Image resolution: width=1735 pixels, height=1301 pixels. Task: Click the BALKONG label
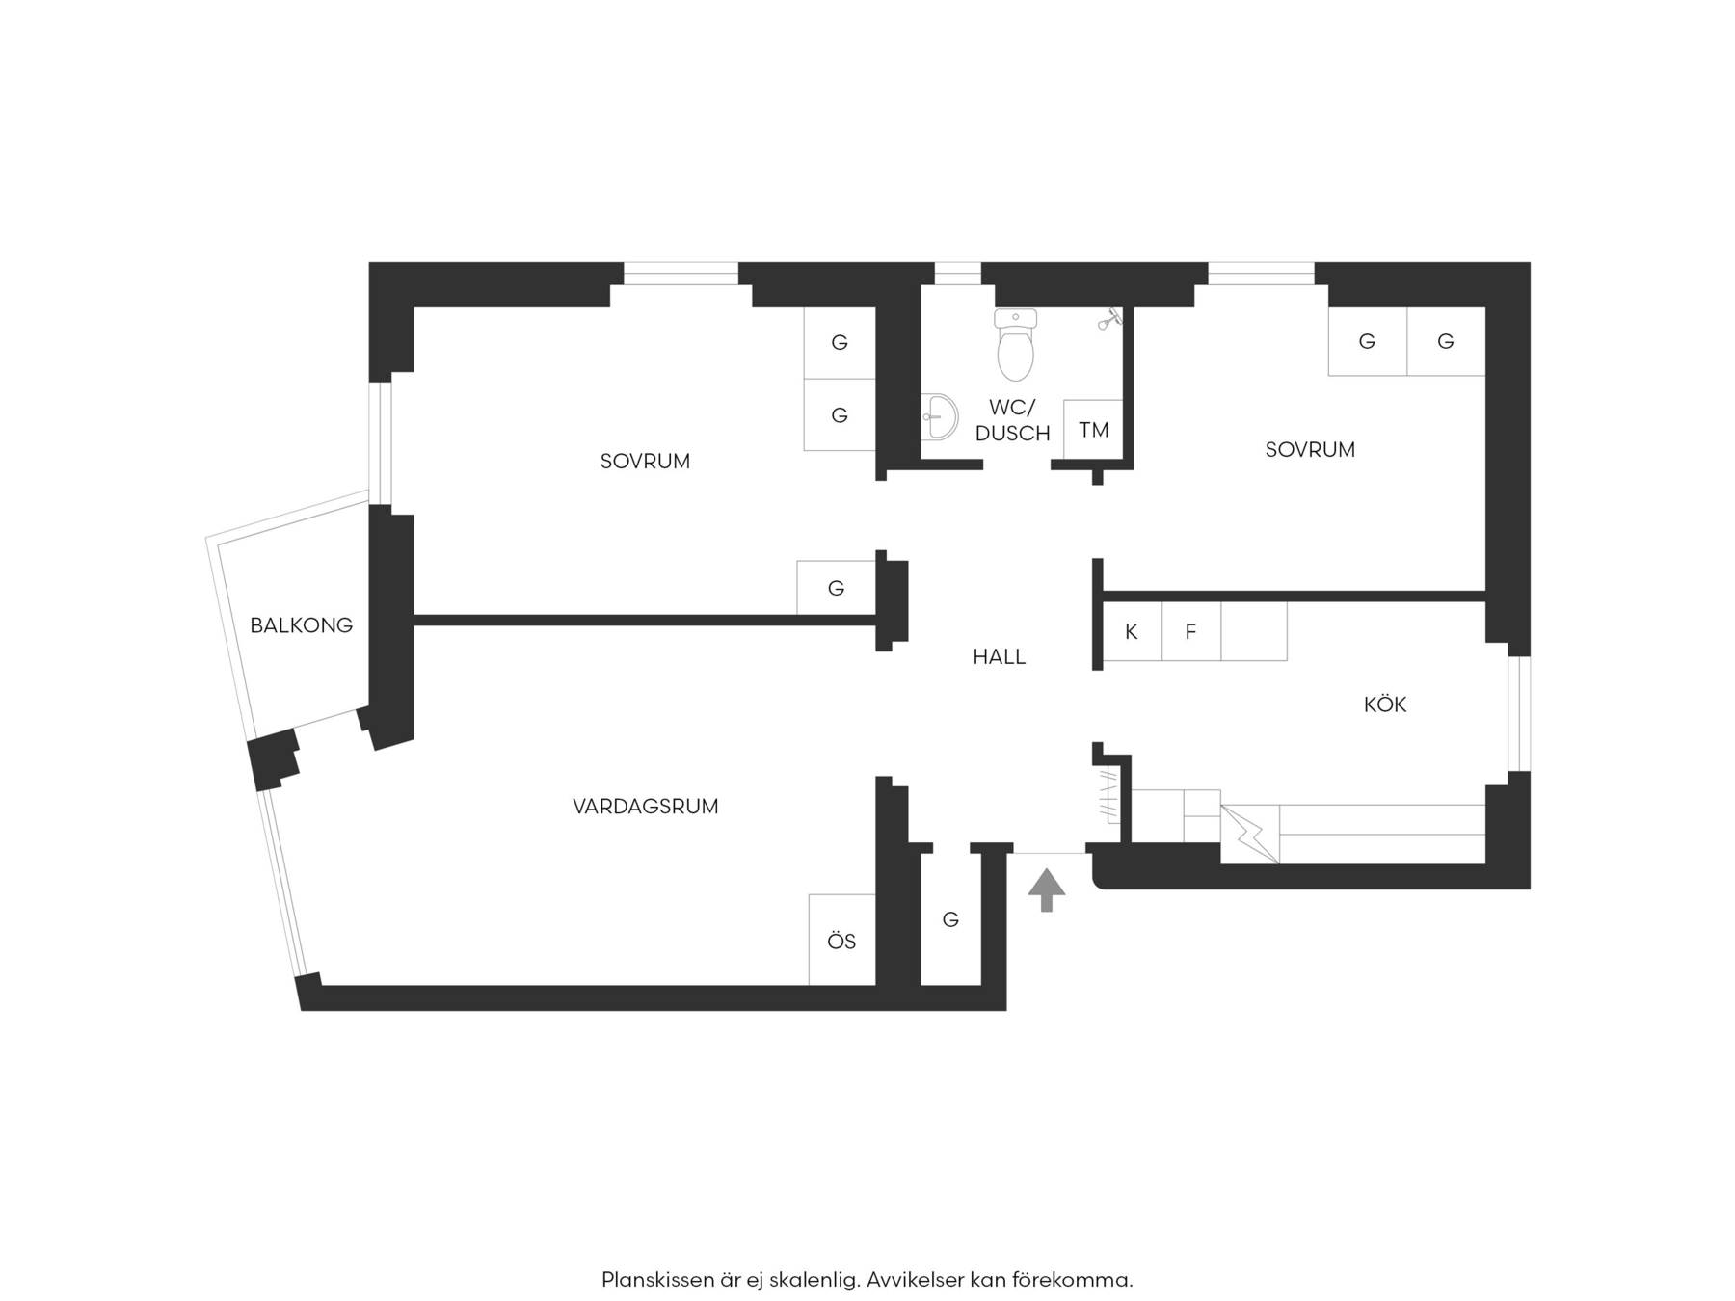(x=301, y=625)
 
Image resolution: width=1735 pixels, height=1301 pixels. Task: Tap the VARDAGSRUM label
(x=646, y=807)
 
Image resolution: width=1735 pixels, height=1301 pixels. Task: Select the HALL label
(x=999, y=657)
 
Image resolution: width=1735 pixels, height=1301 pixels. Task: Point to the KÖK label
(x=1385, y=704)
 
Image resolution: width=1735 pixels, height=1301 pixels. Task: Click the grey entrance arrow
(x=1047, y=889)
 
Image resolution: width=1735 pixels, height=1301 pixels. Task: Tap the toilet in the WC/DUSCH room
(x=1015, y=344)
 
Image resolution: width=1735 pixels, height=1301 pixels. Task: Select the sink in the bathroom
(x=939, y=417)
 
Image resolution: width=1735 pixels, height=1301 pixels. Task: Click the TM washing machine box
(x=1093, y=430)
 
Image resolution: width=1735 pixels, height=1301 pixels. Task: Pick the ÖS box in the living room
(x=842, y=941)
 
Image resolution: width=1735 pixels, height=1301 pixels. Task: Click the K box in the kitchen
(x=1132, y=632)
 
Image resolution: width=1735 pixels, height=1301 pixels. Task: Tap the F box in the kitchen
(x=1191, y=632)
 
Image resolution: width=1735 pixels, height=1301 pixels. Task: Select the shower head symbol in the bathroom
(x=1110, y=318)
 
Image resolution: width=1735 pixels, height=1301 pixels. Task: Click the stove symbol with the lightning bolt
(x=1250, y=834)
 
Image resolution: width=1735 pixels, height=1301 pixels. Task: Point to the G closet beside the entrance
(x=950, y=919)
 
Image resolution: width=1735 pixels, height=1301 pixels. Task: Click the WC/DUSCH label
(x=1012, y=421)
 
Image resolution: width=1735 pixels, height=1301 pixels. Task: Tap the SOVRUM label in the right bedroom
(x=1310, y=450)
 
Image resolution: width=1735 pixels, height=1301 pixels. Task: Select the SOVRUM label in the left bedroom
(x=645, y=462)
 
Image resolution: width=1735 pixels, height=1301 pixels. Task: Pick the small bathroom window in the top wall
(x=957, y=273)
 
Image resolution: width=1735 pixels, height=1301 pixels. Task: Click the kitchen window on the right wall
(x=1519, y=714)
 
